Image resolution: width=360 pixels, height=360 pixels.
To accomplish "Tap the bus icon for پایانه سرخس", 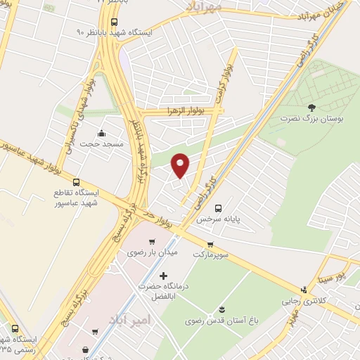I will click(219, 208).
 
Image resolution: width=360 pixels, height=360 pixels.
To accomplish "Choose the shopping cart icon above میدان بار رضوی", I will click(150, 243).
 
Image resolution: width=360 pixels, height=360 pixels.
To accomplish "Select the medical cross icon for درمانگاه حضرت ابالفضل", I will click(164, 276).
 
